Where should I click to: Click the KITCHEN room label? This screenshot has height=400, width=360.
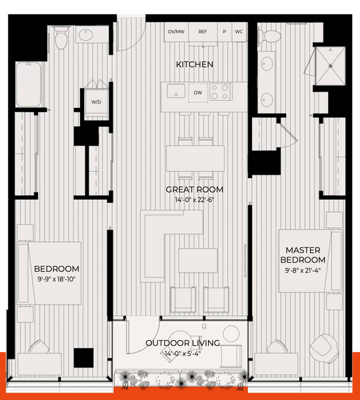[195, 64]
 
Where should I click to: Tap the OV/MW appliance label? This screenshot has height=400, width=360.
[176, 31]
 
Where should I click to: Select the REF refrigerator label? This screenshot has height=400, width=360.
[203, 31]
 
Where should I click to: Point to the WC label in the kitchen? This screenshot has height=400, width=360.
[239, 31]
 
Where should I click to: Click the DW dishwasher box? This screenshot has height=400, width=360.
[198, 93]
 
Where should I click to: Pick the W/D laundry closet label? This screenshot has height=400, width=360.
[96, 102]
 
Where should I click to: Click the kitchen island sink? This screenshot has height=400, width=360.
[176, 91]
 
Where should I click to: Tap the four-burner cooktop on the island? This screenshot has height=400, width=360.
[221, 91]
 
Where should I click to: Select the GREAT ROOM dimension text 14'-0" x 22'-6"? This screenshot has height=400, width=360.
[195, 200]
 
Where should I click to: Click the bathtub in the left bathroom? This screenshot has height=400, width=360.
[28, 84]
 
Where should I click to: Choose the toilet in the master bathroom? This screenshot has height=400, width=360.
[269, 36]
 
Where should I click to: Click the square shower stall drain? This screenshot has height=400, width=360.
[331, 66]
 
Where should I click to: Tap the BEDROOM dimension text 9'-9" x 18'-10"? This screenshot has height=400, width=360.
[57, 279]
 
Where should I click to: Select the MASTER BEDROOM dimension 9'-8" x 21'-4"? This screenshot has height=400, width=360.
[303, 270]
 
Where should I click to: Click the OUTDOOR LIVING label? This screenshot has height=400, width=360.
[183, 343]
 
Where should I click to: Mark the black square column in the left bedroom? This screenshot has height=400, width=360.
[84, 358]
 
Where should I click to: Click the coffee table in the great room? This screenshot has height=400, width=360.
[198, 261]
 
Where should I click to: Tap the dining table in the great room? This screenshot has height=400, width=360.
[195, 159]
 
